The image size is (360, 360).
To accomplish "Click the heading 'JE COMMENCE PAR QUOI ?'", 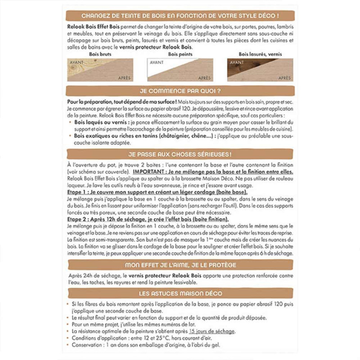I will click(180, 90).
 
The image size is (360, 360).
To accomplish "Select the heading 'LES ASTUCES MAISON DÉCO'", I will click(180, 294).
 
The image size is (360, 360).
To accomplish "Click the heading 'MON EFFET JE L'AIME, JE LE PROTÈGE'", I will click(180, 265).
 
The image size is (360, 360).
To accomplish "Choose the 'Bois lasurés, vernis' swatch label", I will click(258, 54).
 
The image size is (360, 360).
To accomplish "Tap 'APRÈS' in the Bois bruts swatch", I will click(123, 77).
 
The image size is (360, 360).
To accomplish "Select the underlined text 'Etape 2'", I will click(77, 219).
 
